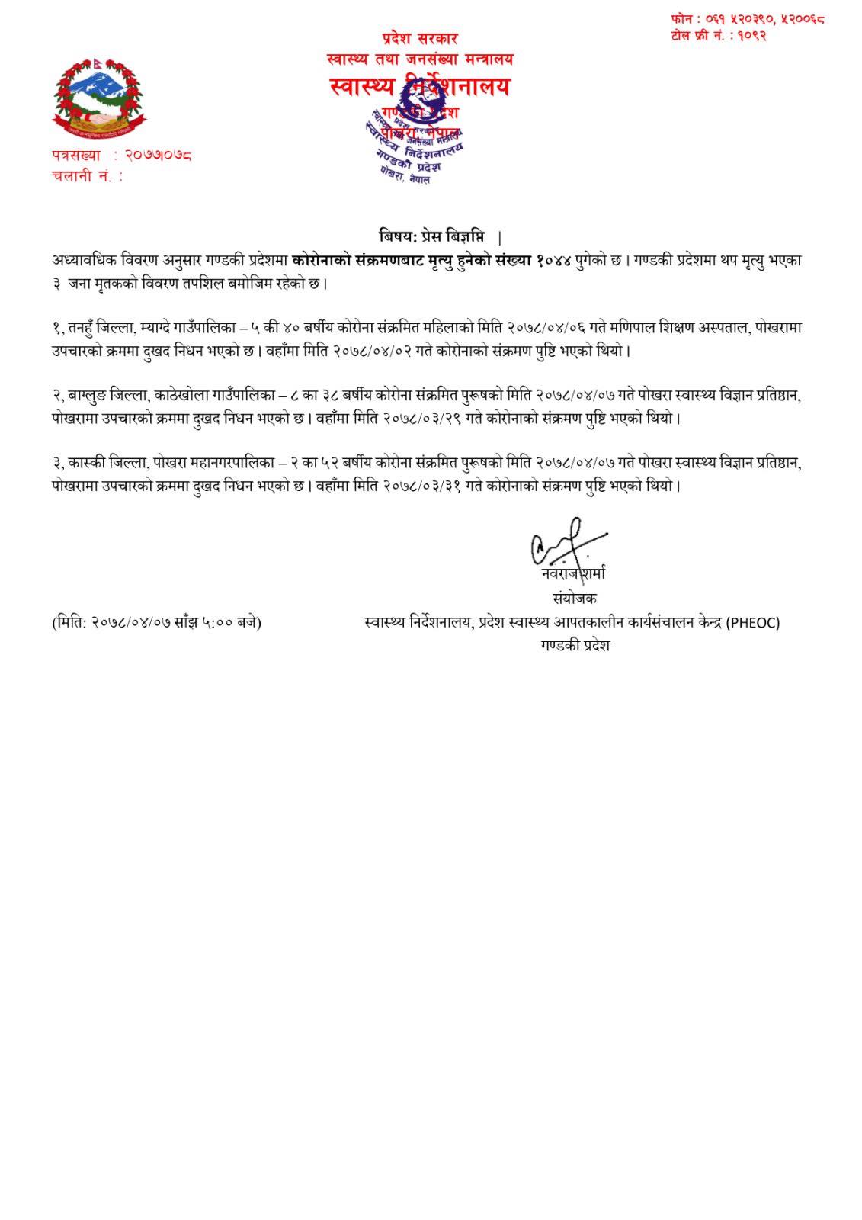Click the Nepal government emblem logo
point(98,97)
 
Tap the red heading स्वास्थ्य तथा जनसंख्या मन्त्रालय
point(419,59)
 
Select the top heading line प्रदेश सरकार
point(420,38)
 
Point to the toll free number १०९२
point(751,35)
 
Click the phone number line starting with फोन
point(747,18)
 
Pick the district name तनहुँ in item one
point(87,329)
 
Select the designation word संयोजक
point(575,599)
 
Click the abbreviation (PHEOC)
point(752,622)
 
